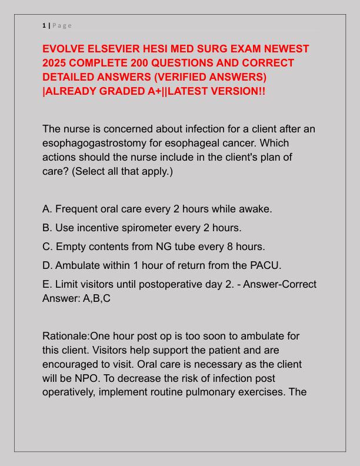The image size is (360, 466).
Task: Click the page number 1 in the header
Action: pyautogui.click(x=44, y=25)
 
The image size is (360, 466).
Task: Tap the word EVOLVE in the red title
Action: pyautogui.click(x=65, y=48)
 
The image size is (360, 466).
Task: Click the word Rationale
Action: pyautogui.click(x=65, y=336)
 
